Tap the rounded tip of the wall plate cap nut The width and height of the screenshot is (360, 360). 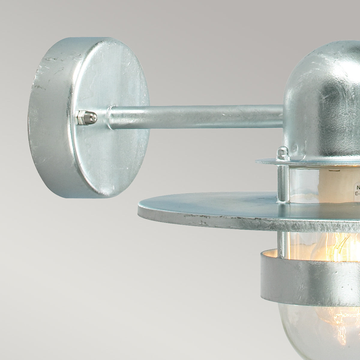pyautogui.click(x=94, y=117)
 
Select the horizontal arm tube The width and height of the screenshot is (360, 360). pyautogui.click(x=195, y=116)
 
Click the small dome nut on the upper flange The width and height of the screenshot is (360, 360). pyautogui.click(x=282, y=153)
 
